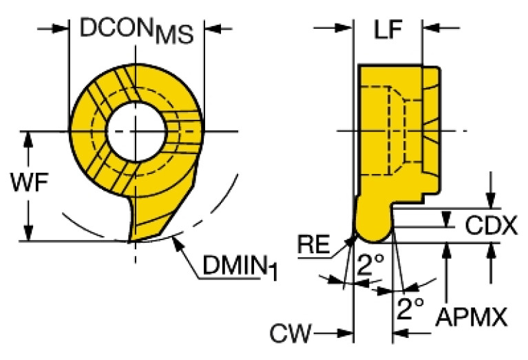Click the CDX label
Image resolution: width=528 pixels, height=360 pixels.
coord(490,225)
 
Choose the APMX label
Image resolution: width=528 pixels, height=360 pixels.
coord(472,317)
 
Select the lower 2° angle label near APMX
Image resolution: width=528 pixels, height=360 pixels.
coord(410,310)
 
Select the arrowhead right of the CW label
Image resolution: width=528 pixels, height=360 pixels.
coord(344,335)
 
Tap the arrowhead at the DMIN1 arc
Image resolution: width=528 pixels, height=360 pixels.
coord(180,241)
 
